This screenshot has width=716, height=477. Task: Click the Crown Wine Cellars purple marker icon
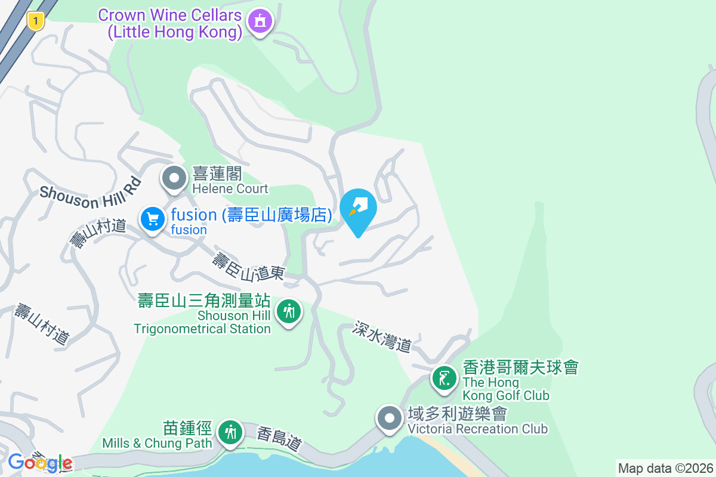260,22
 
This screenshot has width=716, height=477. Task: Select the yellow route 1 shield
36,22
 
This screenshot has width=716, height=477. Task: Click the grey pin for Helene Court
174,178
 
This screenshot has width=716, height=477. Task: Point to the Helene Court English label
230,189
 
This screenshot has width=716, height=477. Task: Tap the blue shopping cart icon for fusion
153,219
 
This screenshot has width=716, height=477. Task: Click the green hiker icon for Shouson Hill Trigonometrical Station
289,311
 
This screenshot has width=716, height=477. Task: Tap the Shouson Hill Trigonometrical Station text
203,322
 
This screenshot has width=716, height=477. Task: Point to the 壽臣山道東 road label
248,267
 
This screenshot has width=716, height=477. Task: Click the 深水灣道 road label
382,336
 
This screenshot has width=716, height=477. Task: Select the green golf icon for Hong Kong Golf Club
445,379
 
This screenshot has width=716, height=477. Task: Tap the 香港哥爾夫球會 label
520,367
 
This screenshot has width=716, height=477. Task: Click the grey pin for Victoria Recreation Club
390,419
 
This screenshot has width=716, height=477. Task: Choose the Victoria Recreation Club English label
477,429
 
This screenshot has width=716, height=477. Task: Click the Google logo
40,463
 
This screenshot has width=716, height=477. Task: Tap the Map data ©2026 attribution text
665,468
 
